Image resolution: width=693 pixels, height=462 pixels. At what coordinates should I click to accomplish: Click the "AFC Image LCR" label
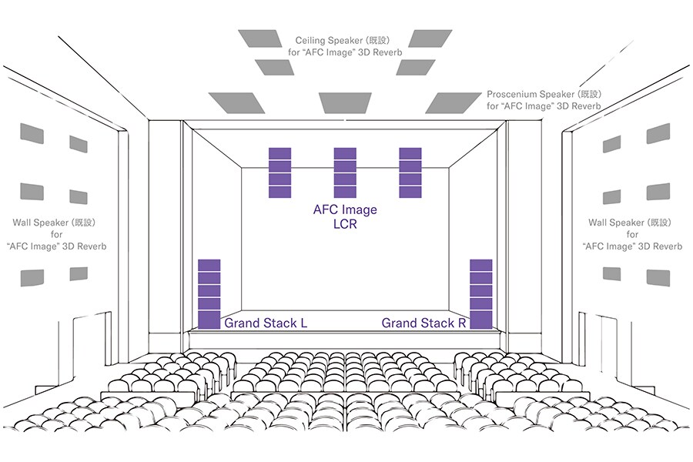[x=345, y=218]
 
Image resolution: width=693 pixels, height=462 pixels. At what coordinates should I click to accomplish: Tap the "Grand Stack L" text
[x=265, y=323]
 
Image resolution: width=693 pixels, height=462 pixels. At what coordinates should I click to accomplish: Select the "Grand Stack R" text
[x=423, y=323]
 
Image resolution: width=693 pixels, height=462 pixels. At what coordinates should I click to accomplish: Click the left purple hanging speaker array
[x=280, y=172]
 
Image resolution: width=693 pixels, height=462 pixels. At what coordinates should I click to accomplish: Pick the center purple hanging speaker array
[x=345, y=172]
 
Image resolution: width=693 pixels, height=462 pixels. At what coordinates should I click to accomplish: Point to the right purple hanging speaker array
[x=410, y=172]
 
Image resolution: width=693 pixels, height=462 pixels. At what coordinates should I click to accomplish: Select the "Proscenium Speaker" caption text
[x=544, y=94]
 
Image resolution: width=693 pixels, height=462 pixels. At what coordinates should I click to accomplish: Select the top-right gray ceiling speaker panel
[x=430, y=39]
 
